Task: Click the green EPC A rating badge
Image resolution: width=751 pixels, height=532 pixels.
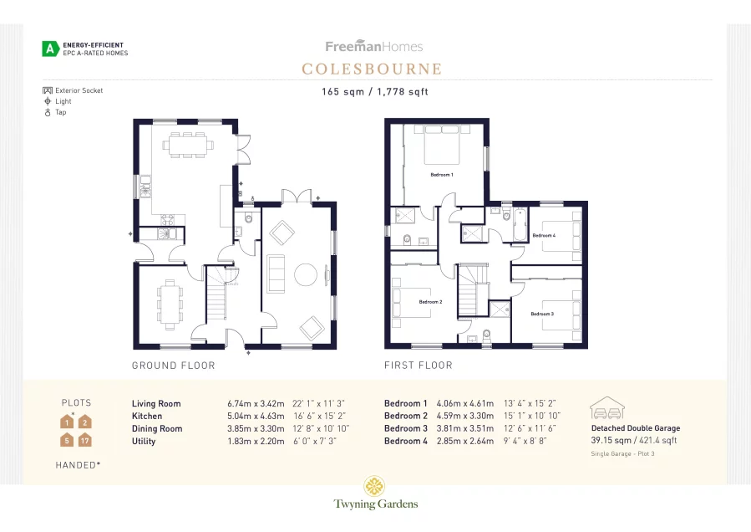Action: coord(51,49)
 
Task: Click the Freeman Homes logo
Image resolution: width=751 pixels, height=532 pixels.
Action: coord(374,47)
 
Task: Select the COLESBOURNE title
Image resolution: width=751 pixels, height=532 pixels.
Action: coord(372,69)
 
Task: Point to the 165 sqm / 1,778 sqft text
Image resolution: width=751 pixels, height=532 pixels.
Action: coord(374,92)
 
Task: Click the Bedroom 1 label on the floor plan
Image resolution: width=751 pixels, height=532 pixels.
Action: coord(441,175)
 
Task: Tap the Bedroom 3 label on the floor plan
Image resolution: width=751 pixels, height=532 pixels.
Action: coord(541,314)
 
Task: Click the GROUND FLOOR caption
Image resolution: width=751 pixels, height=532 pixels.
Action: coord(173,366)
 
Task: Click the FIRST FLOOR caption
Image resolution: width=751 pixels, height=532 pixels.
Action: coord(418,366)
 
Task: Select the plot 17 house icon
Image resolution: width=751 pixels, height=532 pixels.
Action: coord(84,440)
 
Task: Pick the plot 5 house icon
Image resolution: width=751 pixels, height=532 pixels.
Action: coord(66,440)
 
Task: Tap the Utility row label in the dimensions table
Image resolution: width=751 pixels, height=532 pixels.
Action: coord(144,441)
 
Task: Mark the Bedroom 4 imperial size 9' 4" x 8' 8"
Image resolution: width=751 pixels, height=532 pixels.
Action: coord(525,441)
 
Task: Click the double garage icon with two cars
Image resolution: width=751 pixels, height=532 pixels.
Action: coord(607,408)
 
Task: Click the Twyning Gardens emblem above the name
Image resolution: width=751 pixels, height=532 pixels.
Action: coord(374,486)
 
